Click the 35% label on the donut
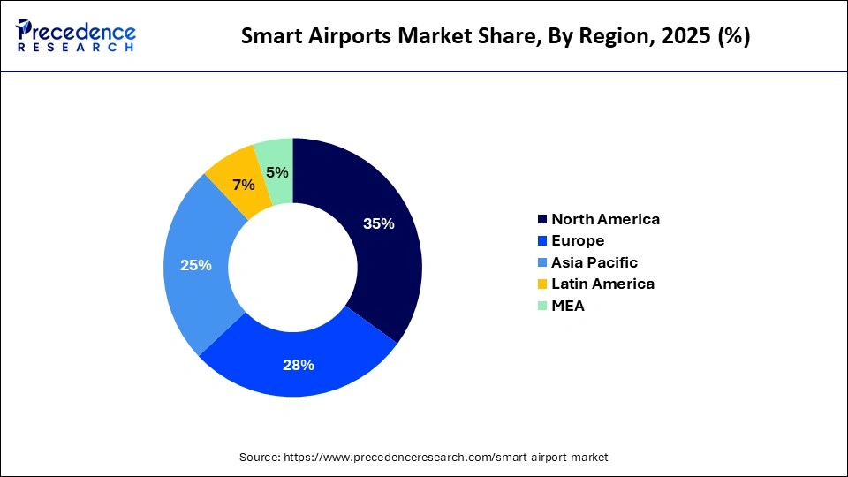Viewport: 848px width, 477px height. [378, 223]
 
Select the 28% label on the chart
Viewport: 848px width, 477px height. [299, 365]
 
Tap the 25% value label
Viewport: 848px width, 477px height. [195, 265]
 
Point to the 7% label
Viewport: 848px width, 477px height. [243, 185]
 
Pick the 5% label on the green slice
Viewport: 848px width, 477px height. [276, 172]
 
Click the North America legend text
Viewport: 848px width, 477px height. [605, 219]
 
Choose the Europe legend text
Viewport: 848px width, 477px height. [578, 240]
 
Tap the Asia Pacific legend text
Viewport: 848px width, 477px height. [594, 262]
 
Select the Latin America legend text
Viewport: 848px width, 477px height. [602, 284]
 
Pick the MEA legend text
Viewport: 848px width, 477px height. [568, 306]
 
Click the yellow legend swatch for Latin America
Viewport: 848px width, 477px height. [541, 284]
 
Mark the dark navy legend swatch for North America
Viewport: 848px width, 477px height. [541, 219]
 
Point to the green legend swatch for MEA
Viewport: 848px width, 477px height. [541, 306]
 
